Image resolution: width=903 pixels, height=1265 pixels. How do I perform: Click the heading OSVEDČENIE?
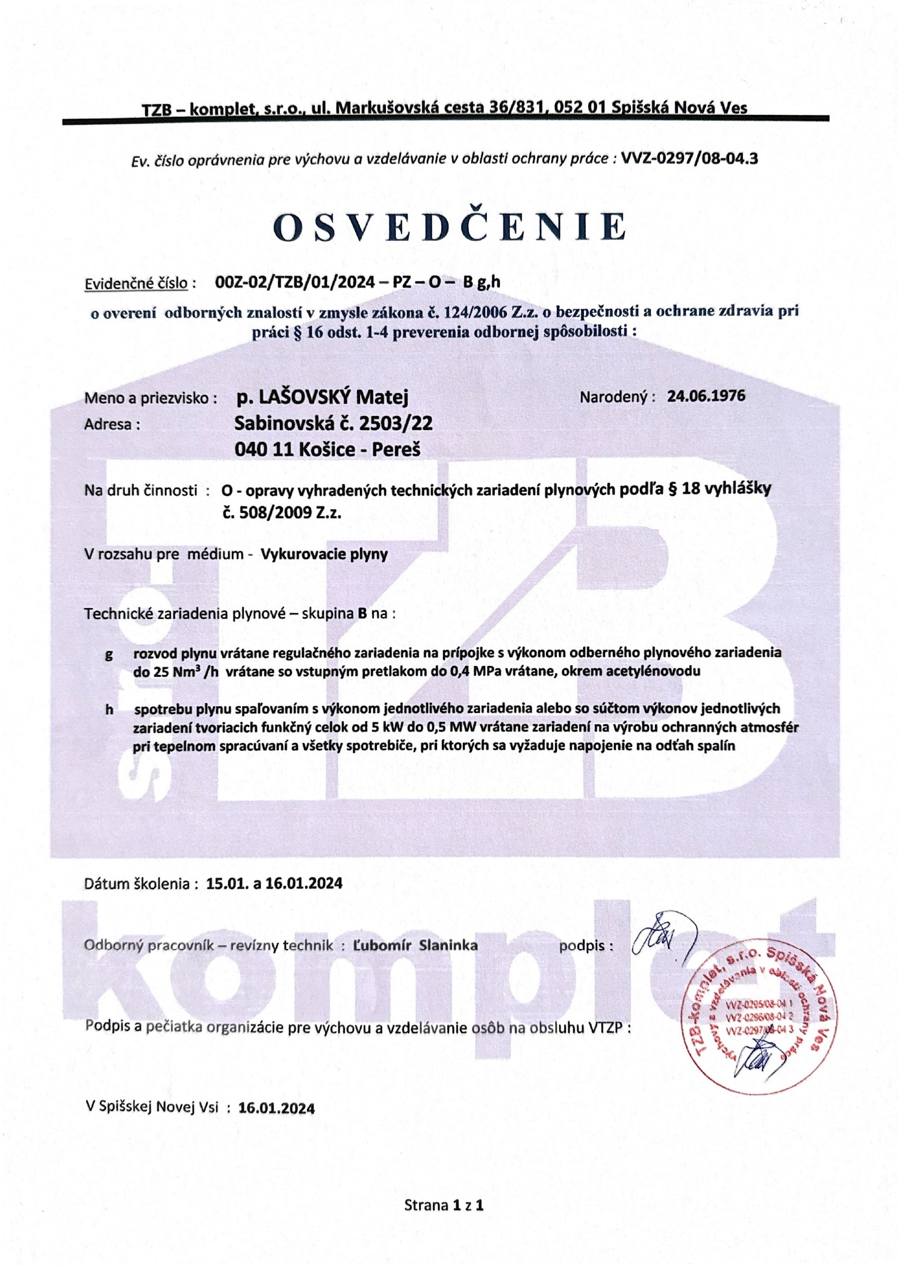(x=450, y=228)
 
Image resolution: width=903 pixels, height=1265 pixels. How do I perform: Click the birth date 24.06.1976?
(x=706, y=396)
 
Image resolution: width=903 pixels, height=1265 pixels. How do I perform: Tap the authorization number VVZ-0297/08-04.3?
(x=689, y=158)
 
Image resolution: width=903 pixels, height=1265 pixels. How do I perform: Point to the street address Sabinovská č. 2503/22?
(x=334, y=423)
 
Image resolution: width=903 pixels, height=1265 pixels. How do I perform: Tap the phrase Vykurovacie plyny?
(x=324, y=554)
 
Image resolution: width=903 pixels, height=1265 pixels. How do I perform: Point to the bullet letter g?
(x=109, y=654)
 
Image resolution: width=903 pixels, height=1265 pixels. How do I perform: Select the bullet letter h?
(x=109, y=709)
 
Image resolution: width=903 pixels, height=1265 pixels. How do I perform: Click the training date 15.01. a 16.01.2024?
(x=274, y=883)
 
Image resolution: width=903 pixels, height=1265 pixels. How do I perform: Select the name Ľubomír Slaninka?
(x=415, y=945)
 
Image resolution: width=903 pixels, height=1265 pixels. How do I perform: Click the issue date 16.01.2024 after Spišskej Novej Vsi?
(x=276, y=1108)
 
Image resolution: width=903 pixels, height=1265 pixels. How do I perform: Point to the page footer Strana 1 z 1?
(x=444, y=1205)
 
